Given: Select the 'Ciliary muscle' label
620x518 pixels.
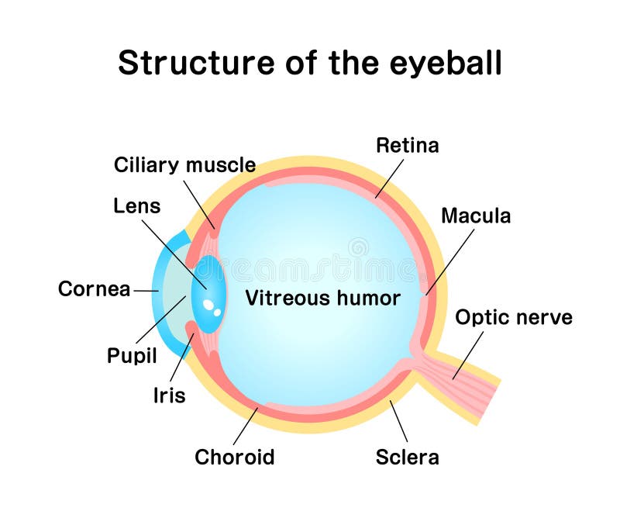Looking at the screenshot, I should pyautogui.click(x=184, y=165).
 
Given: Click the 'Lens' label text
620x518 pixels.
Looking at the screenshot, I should pyautogui.click(x=136, y=205).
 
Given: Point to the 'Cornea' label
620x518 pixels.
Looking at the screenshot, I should pyautogui.click(x=94, y=289).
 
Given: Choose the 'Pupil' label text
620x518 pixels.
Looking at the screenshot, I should pyautogui.click(x=132, y=356).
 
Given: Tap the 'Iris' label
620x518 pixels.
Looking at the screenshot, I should pyautogui.click(x=169, y=395).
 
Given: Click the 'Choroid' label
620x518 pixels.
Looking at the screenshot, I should pyautogui.click(x=234, y=457).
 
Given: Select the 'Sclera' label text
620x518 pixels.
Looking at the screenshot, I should pyautogui.click(x=407, y=457).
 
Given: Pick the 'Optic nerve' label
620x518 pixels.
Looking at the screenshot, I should pyautogui.click(x=513, y=317).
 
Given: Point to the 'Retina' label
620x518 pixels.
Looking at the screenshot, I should pyautogui.click(x=407, y=145).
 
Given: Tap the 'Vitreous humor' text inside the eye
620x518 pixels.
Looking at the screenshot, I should pyautogui.click(x=322, y=298).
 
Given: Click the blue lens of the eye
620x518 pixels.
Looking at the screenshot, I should pyautogui.click(x=208, y=293).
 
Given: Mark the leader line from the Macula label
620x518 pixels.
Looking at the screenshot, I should pyautogui.click(x=450, y=261).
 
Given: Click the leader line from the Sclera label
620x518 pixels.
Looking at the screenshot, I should pyautogui.click(x=398, y=420).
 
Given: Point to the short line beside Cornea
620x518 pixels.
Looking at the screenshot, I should pyautogui.click(x=146, y=290).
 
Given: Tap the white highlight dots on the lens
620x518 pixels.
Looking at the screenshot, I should pyautogui.click(x=212, y=309).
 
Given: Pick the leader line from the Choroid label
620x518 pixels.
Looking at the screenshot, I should pyautogui.click(x=246, y=425).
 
